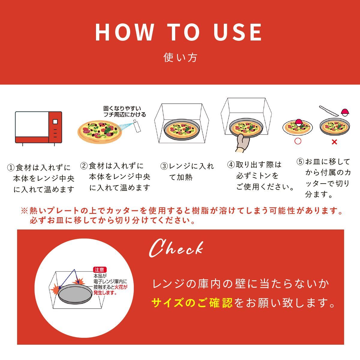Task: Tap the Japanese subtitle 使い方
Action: tap(180, 57)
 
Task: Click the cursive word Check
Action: tap(176, 249)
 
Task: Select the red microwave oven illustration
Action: tap(38, 128)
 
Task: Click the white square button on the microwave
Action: tap(55, 121)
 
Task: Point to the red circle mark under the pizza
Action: tap(298, 141)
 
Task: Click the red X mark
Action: tap(334, 142)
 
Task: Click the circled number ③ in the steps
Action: tap(164, 166)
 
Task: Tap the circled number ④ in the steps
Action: tap(231, 165)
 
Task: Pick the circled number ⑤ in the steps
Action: tap(300, 162)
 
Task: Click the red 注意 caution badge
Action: tap(100, 270)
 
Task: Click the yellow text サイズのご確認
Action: tap(192, 303)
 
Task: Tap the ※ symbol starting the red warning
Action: tap(24, 211)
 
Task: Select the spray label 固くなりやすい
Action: tap(122, 108)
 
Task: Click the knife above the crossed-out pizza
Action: tap(329, 111)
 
